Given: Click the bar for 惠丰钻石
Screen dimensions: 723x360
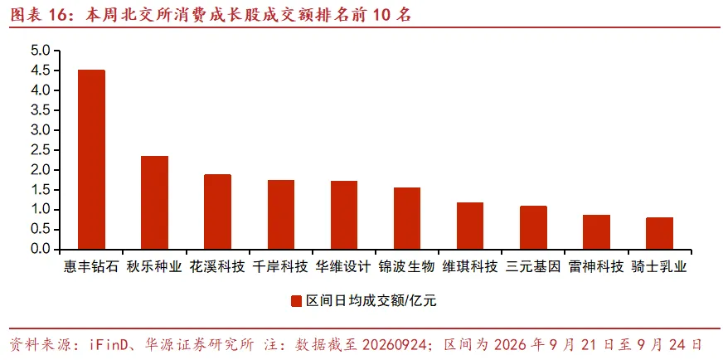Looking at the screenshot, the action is (91, 160).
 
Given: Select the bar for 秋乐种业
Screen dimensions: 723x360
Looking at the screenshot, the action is (154, 203).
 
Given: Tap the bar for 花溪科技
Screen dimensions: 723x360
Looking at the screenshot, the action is (217, 212).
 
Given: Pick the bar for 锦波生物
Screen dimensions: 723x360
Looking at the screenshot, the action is (406, 219).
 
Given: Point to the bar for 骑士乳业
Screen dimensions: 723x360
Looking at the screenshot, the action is (659, 234).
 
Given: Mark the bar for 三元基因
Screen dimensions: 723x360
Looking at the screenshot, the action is (533, 228).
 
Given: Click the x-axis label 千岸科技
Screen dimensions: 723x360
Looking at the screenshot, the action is (280, 267).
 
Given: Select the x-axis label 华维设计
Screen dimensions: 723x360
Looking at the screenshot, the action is (343, 267).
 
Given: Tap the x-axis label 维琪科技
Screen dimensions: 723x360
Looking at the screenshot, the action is (470, 267).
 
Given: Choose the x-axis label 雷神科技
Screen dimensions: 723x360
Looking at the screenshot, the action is (596, 267).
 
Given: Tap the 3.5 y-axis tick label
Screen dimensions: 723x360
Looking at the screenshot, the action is (42, 110).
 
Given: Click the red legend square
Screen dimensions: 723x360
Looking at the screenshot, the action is (295, 301).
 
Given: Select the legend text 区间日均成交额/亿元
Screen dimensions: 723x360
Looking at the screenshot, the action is (371, 301).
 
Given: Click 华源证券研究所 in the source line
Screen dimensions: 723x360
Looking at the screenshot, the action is (199, 344).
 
